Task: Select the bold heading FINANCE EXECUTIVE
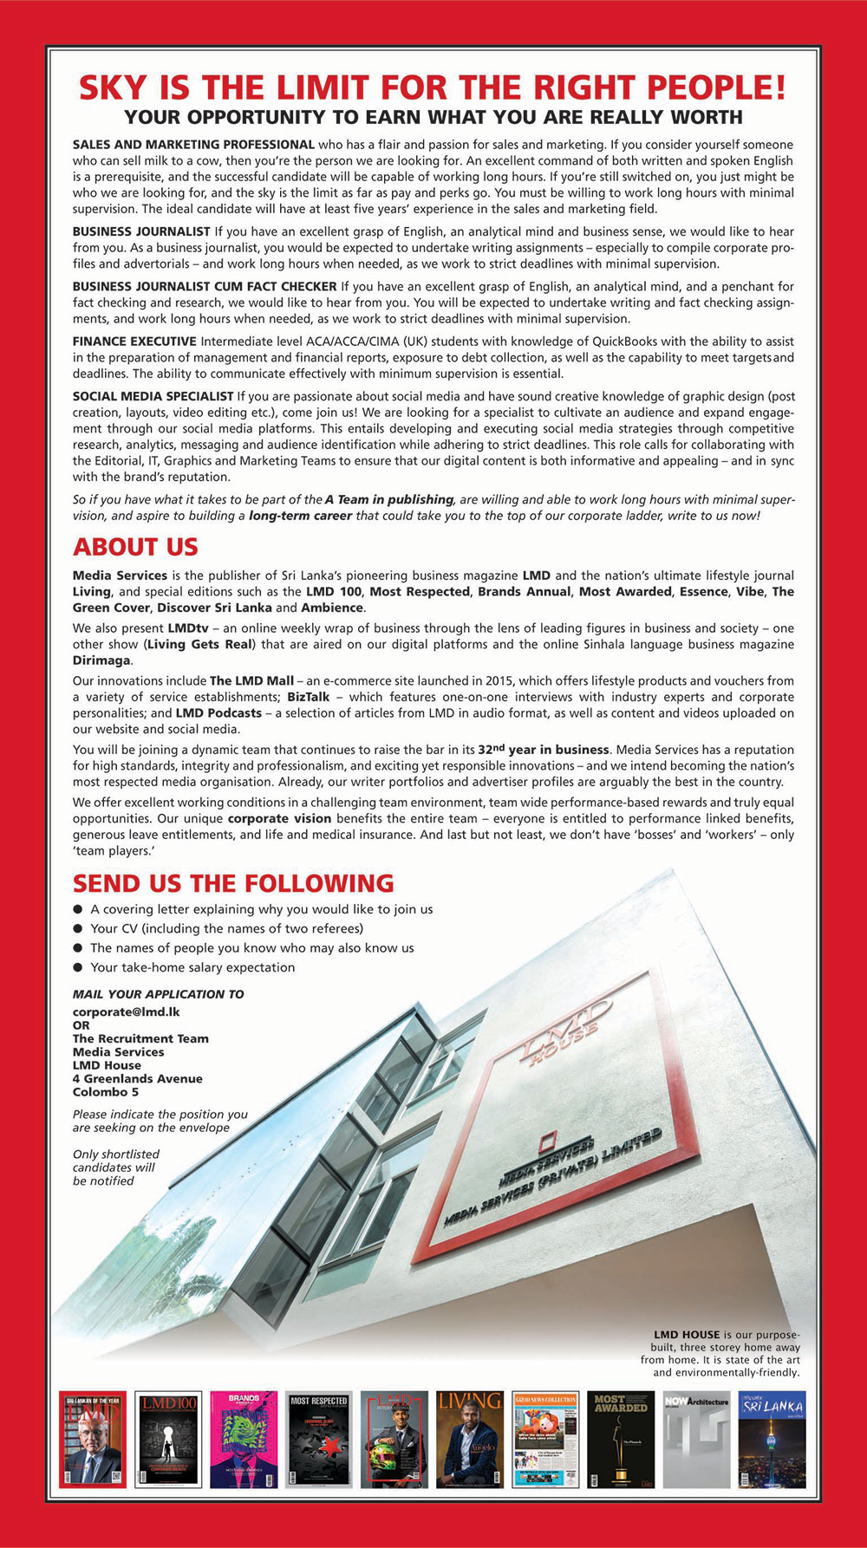[134, 341]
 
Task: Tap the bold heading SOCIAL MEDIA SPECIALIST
[153, 396]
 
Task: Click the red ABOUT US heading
[135, 547]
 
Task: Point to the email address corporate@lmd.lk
[126, 1011]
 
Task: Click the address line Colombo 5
[106, 1092]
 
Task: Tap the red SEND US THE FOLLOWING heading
[233, 883]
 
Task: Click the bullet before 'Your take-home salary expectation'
[78, 967]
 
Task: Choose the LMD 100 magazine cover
[168, 1440]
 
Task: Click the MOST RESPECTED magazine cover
[318, 1440]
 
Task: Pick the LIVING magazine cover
[469, 1440]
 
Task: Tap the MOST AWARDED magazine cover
[621, 1440]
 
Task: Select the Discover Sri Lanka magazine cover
[772, 1440]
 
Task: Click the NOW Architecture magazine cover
[696, 1440]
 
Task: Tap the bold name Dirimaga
[101, 660]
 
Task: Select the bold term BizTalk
[308, 697]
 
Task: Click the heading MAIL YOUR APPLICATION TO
[159, 994]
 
